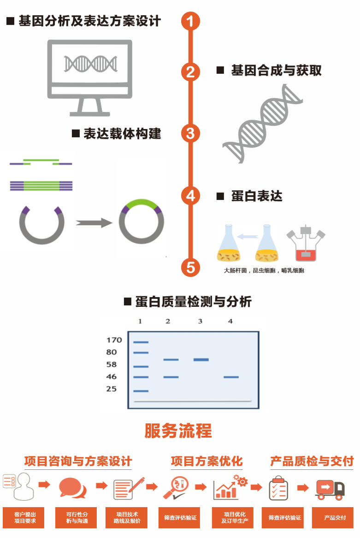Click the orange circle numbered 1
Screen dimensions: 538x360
190,21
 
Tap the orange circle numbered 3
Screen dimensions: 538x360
190,133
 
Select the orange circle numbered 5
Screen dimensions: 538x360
190,267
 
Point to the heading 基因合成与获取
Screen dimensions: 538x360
276,70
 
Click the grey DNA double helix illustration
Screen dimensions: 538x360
262,123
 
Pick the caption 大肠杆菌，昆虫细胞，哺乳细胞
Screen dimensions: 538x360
264,271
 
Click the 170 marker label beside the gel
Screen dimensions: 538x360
114,340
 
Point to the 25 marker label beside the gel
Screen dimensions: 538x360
111,389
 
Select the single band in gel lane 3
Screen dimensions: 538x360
201,360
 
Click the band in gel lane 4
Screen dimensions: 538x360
231,377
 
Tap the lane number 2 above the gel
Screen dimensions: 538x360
168,321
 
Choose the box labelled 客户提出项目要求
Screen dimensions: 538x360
25,518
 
